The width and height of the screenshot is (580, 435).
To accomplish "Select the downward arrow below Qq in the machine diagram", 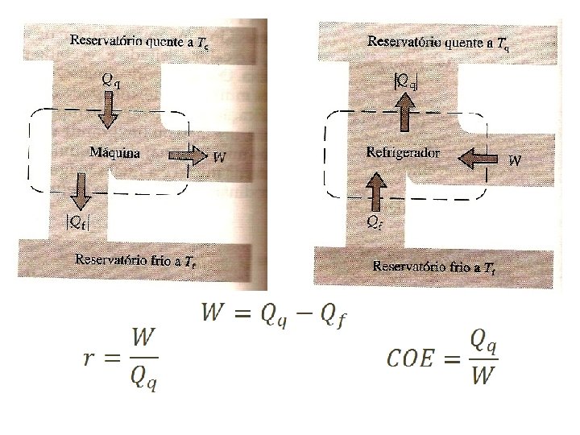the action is click(x=107, y=112).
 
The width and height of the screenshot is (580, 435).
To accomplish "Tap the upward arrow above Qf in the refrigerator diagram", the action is click(x=375, y=193).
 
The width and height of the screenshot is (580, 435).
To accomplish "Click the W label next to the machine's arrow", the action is click(x=217, y=156).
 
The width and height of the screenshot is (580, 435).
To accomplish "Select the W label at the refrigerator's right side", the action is click(x=516, y=159).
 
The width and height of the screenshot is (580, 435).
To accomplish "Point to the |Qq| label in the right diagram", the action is click(x=405, y=81).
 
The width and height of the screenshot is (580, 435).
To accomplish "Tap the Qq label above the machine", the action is click(x=111, y=79).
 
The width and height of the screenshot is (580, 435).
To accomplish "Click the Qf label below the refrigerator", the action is click(x=374, y=220).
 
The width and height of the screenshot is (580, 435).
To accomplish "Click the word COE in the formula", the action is click(x=413, y=356).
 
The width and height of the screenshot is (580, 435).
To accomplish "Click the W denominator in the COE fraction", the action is click(x=482, y=376).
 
